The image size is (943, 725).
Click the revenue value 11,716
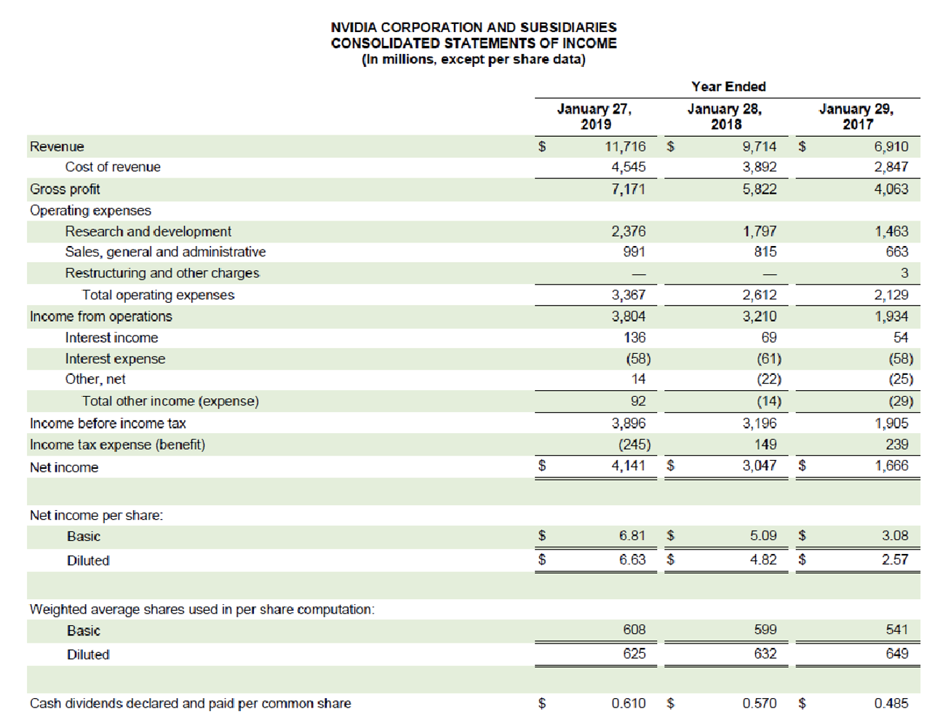point(624,146)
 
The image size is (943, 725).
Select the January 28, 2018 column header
point(725,116)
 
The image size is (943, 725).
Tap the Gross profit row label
point(65,189)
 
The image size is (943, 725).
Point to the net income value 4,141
point(628,465)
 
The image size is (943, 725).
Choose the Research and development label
point(148,231)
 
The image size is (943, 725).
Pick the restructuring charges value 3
point(904,273)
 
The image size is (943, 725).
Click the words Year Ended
point(728,87)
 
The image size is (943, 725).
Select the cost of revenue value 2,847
point(891,167)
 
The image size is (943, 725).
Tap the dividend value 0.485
point(891,703)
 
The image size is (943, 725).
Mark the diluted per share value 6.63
point(632,559)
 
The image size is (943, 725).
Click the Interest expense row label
point(115,359)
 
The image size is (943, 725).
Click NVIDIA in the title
point(354,27)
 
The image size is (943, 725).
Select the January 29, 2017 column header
point(856,116)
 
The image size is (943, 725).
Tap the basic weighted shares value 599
point(765,630)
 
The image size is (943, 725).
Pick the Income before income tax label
point(108,424)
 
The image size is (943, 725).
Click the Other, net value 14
point(638,379)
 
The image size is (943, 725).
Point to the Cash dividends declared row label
point(190,704)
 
